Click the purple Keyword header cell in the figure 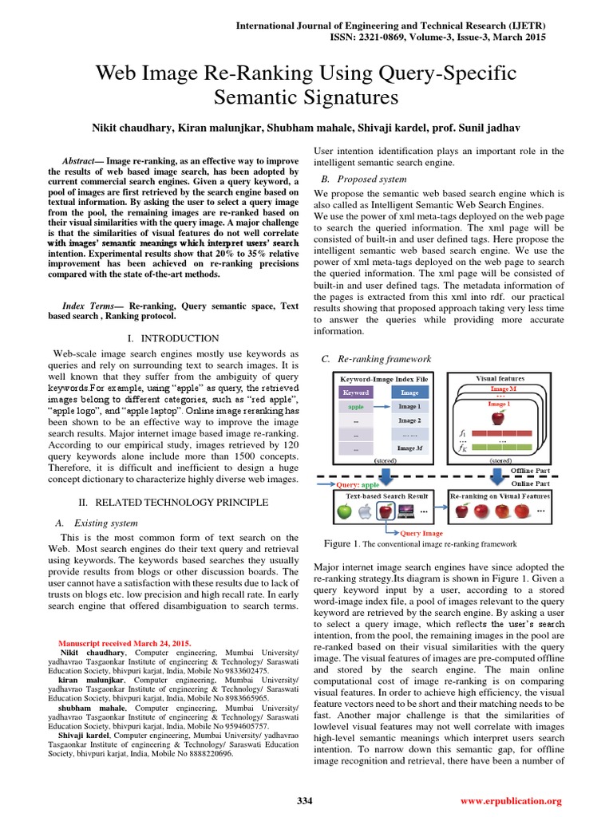tap(355, 393)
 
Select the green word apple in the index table tap(355, 406)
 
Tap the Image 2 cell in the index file tap(409, 420)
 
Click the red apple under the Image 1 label tap(499, 416)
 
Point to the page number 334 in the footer tap(305, 800)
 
